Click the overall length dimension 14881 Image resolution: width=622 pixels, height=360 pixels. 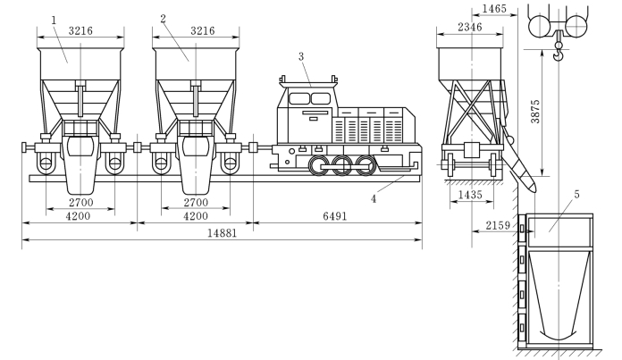click(x=223, y=233)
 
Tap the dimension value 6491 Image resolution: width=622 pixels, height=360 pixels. click(x=335, y=216)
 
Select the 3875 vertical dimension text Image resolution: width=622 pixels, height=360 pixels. click(x=535, y=112)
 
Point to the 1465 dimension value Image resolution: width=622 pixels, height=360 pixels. click(x=495, y=9)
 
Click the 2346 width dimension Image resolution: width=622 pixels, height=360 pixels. click(x=470, y=27)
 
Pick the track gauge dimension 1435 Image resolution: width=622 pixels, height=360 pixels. click(x=470, y=195)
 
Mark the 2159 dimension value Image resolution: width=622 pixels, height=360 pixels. click(x=498, y=226)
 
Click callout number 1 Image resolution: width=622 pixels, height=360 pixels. click(x=54, y=21)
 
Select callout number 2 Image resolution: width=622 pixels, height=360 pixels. click(x=163, y=19)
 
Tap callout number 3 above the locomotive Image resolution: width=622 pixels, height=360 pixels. click(x=301, y=56)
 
